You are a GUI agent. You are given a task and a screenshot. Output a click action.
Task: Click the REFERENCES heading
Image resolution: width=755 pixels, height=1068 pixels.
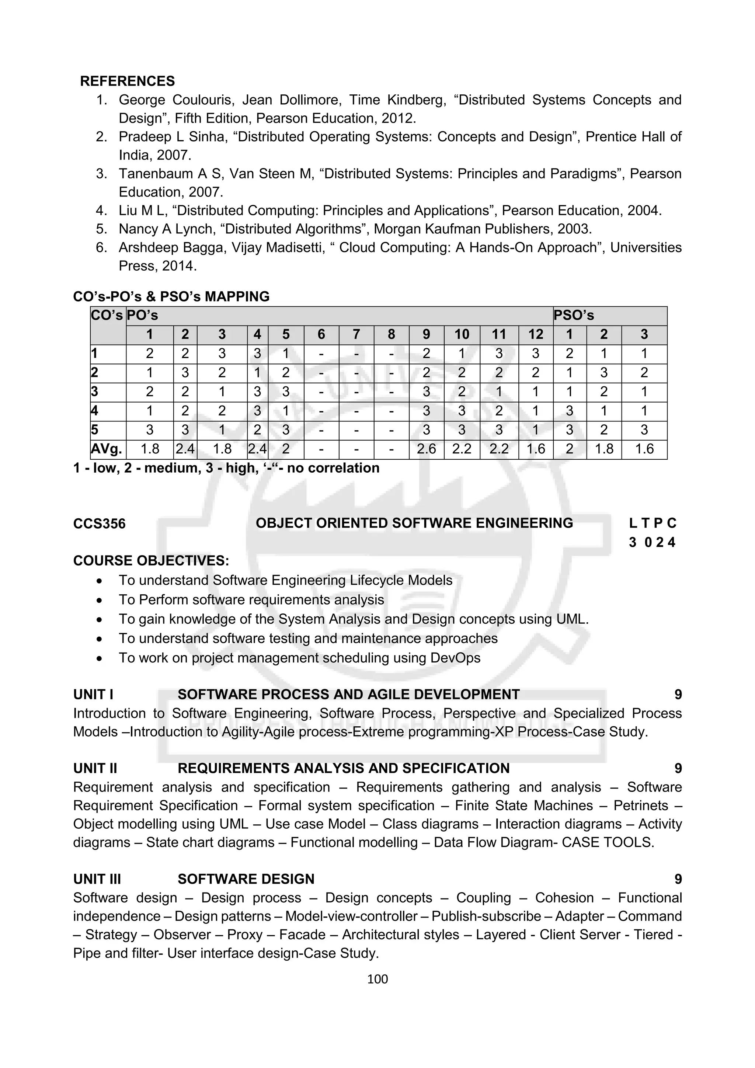pos(128,81)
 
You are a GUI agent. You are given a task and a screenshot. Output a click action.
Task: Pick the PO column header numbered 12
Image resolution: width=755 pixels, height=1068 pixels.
pos(535,334)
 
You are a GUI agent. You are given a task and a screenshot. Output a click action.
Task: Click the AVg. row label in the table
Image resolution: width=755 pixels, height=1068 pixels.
pos(107,449)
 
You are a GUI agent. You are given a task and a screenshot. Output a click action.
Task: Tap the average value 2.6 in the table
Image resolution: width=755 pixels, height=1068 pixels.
pos(426,449)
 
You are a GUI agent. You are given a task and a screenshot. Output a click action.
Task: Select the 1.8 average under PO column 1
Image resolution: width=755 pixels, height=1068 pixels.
pos(149,449)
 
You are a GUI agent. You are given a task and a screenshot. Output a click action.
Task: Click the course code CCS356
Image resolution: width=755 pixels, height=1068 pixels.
pos(100,524)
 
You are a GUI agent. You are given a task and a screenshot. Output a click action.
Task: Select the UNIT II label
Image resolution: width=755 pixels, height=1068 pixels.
pos(95,768)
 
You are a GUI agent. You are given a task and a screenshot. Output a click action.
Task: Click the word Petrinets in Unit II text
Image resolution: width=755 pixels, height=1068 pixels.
pos(641,805)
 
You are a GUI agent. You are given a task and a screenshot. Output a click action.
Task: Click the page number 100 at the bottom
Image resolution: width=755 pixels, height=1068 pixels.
pos(377,979)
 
